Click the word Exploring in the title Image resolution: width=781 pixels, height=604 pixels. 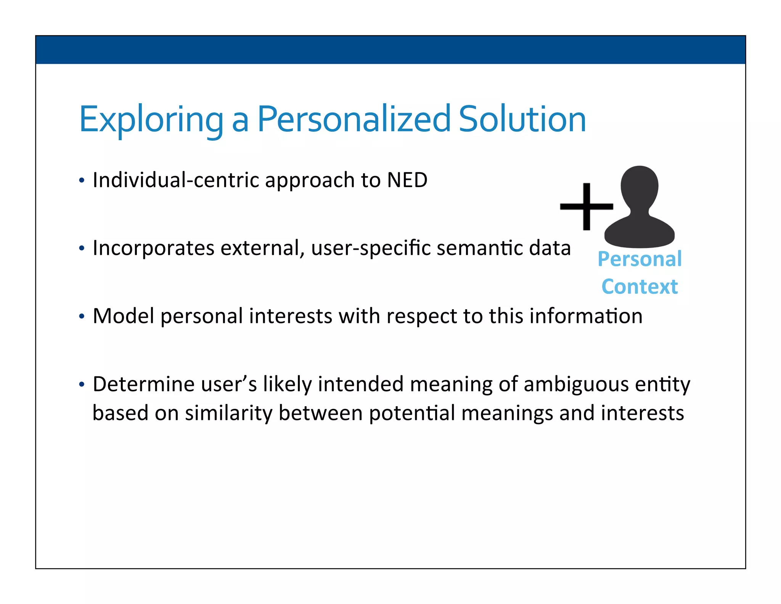151,120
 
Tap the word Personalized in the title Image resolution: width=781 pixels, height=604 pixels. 354,120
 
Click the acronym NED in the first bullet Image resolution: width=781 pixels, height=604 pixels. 407,180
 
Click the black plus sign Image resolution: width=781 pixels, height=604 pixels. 586,207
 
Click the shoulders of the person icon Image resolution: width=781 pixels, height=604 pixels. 640,233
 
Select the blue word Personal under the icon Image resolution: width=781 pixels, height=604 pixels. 640,259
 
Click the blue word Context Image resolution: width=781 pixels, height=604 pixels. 640,287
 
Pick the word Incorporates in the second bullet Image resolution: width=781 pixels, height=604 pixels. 154,248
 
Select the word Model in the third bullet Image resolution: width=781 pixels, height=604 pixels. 123,316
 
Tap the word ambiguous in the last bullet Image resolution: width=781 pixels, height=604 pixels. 576,384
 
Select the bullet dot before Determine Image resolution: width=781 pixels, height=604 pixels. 81,384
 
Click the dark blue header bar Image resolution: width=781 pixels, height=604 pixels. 390,50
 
